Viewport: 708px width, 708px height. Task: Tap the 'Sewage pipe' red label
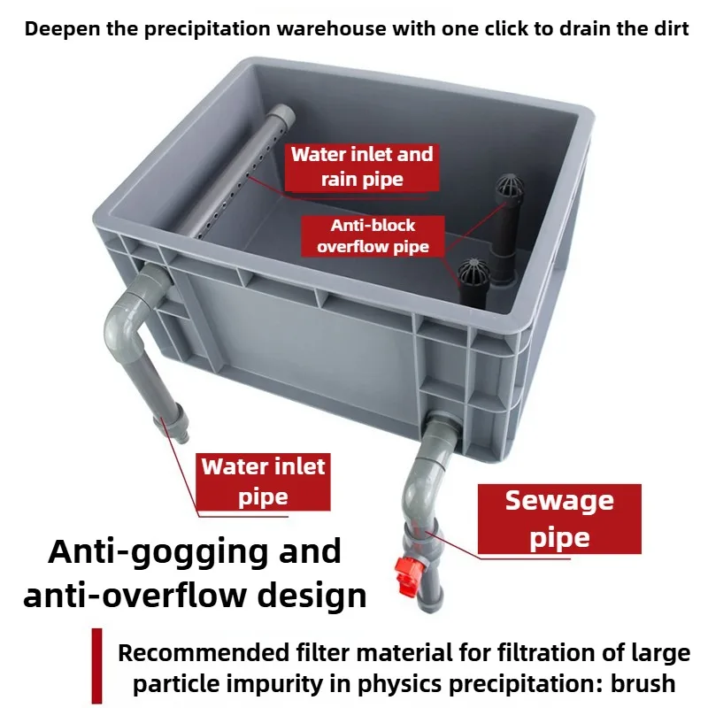(559, 519)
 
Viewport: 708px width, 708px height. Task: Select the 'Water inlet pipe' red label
(263, 481)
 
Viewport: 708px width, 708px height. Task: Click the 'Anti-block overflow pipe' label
(373, 236)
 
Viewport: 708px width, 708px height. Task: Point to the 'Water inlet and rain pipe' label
(362, 167)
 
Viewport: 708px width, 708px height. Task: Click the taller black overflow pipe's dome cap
(510, 188)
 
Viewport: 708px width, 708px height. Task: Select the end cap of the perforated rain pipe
(283, 115)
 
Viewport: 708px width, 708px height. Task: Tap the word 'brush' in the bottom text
(643, 683)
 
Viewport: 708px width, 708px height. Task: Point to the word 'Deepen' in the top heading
(62, 29)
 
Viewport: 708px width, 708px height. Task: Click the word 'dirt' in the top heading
(672, 29)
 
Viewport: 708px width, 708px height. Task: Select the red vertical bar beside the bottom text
(96, 666)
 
